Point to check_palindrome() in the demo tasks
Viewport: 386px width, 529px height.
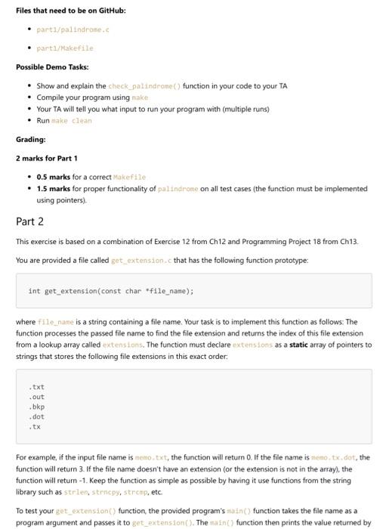point(144,86)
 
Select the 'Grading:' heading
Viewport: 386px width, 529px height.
point(31,139)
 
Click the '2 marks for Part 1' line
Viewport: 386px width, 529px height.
point(47,158)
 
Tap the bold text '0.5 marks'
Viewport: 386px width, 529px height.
point(53,177)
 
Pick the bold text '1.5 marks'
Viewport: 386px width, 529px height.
point(53,188)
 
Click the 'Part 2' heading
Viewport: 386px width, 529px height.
point(29,221)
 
